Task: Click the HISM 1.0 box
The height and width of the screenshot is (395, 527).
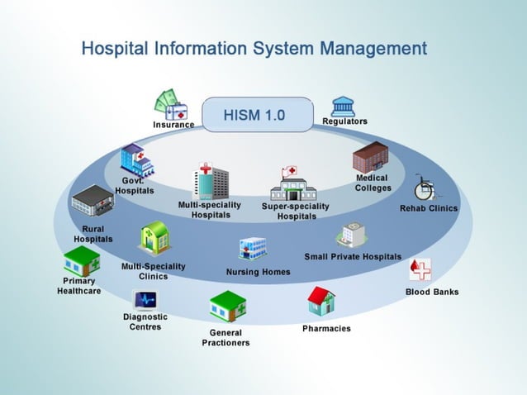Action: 254,115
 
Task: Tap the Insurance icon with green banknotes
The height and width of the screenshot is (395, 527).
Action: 171,105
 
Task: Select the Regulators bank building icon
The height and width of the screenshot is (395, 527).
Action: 343,106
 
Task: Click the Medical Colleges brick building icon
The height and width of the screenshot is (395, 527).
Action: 370,157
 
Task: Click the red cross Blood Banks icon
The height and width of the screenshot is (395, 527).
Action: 420,269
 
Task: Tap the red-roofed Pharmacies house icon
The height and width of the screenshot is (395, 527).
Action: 321,302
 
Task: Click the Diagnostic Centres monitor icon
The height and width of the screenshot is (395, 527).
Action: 145,299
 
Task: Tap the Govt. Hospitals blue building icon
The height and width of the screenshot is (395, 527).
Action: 136,159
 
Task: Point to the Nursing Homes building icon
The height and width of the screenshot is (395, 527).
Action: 253,249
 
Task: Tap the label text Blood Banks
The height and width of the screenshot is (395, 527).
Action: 432,292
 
